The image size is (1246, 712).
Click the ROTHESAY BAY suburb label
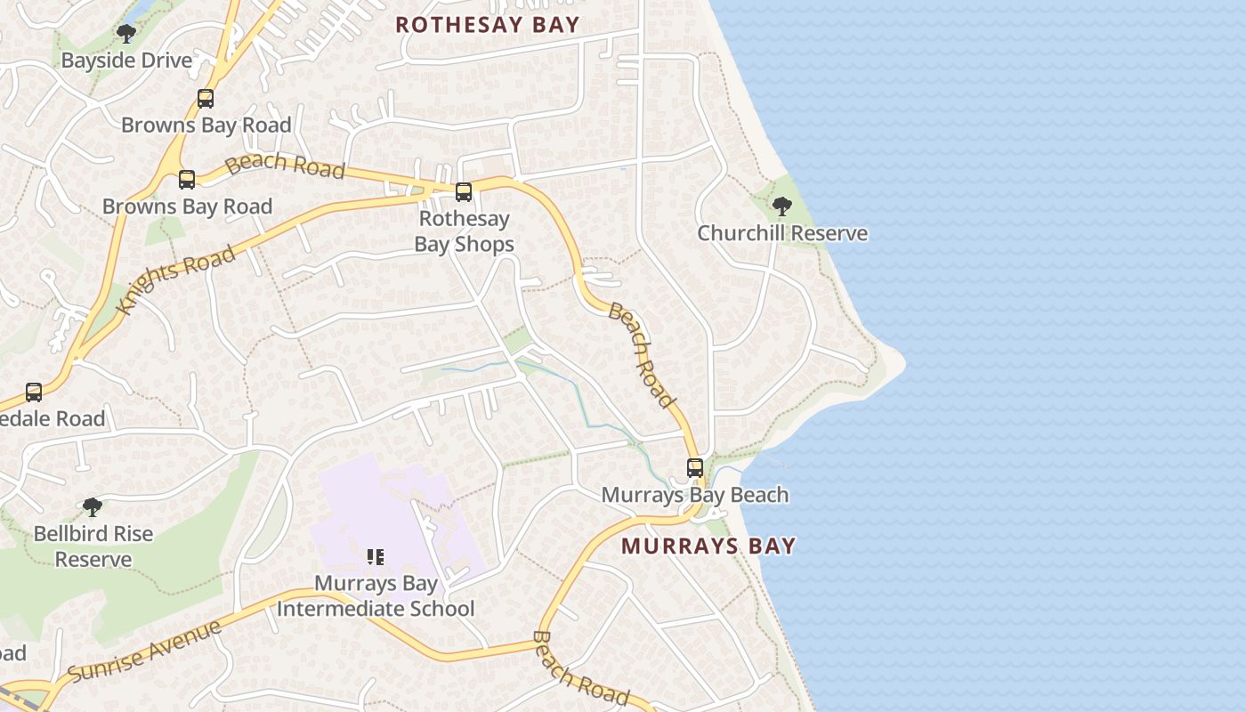coord(487,25)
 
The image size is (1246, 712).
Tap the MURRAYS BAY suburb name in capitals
coord(708,546)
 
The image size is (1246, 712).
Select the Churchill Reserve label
coord(781,233)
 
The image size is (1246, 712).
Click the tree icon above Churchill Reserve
coord(782,207)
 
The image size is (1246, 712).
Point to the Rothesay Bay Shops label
coord(464,231)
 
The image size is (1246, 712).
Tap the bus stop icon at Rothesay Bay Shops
coord(464,191)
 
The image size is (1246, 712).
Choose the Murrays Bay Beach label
coord(695,495)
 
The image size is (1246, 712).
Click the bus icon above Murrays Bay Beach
coord(695,467)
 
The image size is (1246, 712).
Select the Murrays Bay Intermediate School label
coord(376,596)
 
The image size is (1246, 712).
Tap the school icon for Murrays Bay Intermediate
coord(376,557)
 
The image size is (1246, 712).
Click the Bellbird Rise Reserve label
coord(93,546)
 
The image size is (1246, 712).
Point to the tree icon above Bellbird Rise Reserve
coord(93,507)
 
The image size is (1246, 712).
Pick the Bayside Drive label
coord(126,61)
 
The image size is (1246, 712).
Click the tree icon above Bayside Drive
coord(126,34)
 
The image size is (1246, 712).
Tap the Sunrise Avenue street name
coord(144,651)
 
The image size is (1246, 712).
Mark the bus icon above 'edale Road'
coord(34,392)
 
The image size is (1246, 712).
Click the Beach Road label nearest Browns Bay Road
coord(284,165)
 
